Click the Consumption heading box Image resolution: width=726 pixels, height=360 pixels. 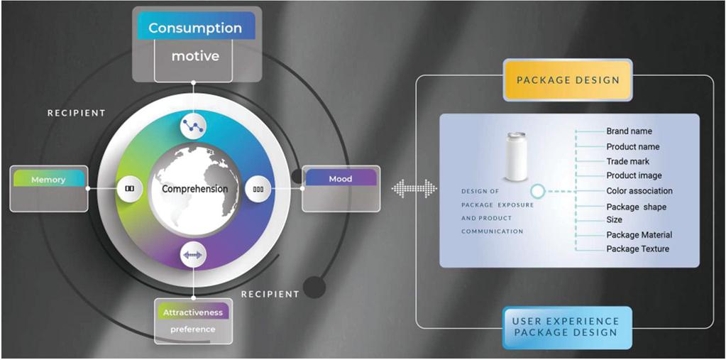[195, 28]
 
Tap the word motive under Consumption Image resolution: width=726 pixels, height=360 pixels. [195, 55]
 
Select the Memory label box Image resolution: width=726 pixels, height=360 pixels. [48, 180]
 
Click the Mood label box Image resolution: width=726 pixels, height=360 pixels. [341, 179]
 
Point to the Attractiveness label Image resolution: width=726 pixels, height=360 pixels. [193, 312]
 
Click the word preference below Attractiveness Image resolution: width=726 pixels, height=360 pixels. [193, 329]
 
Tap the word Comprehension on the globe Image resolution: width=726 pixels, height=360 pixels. [194, 189]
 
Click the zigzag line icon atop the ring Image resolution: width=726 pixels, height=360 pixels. [193, 125]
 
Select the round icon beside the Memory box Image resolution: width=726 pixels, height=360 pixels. [129, 189]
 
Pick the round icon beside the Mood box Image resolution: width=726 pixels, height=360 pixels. [258, 189]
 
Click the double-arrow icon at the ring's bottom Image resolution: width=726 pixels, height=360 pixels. [193, 253]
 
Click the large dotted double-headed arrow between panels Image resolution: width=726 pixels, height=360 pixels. [414, 189]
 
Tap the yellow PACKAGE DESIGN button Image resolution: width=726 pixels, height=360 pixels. [568, 80]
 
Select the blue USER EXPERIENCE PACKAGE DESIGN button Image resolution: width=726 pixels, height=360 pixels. [566, 327]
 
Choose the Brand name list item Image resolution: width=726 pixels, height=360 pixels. [629, 131]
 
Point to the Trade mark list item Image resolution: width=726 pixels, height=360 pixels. [627, 161]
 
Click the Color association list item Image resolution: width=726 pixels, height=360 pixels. [639, 191]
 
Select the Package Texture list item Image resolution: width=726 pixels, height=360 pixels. [637, 249]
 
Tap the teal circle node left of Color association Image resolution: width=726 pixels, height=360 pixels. [538, 191]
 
